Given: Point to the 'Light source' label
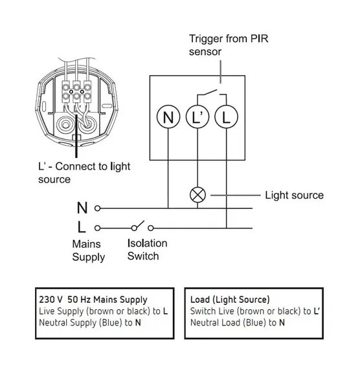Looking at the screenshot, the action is (x=295, y=195).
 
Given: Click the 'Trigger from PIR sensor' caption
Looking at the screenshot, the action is (x=229, y=45).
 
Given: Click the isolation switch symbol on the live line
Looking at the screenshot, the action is (x=142, y=226).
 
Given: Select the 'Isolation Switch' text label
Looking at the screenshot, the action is (x=147, y=250).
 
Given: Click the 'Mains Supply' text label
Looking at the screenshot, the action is (x=89, y=250).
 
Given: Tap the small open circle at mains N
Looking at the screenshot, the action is (x=97, y=208).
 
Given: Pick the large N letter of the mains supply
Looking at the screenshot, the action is (x=82, y=208).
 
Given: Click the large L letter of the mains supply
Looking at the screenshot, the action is (x=82, y=227).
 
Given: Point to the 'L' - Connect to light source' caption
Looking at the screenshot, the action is (x=84, y=173).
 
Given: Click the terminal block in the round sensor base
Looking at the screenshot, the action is (x=76, y=92).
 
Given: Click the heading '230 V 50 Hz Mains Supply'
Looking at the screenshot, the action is (x=93, y=300).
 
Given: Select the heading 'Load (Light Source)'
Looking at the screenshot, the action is (x=230, y=300).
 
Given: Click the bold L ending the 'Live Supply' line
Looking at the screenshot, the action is (x=165, y=311).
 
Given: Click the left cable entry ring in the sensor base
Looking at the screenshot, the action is (x=65, y=124).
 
